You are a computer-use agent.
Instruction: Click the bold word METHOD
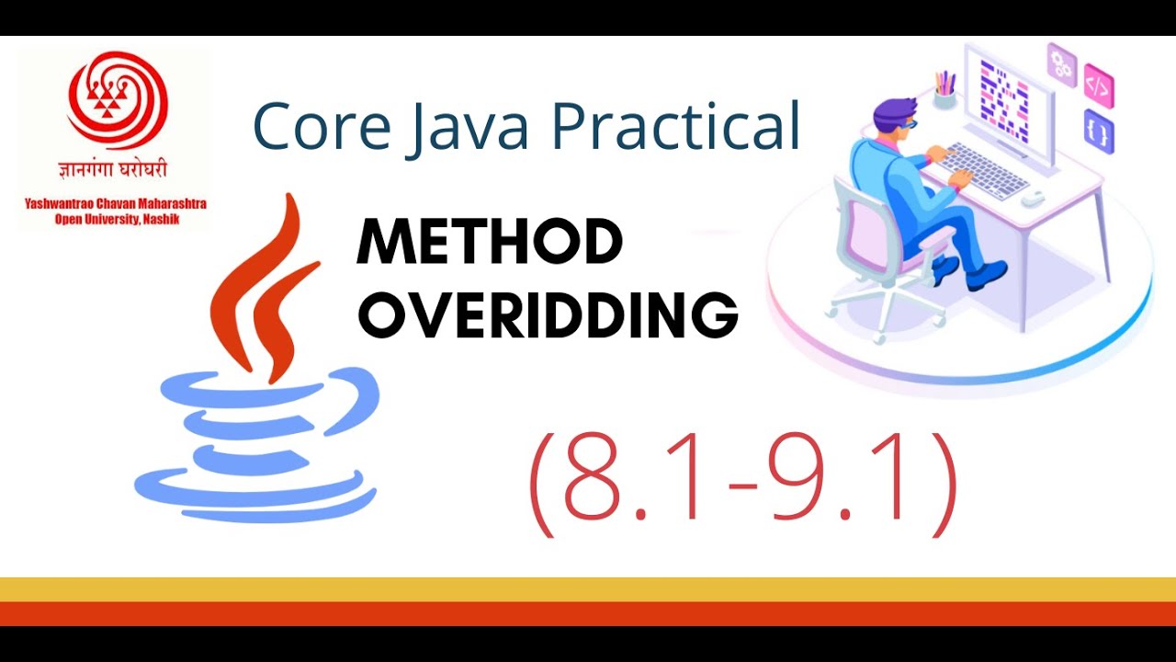(490, 244)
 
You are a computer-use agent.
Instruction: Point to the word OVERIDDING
(548, 314)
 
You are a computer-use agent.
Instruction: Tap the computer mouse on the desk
(1034, 196)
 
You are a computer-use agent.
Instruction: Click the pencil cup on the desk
(944, 94)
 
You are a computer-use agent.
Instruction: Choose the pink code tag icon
(1098, 87)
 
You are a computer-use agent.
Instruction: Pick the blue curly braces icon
(1099, 132)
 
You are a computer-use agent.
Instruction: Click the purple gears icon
(1062, 63)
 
